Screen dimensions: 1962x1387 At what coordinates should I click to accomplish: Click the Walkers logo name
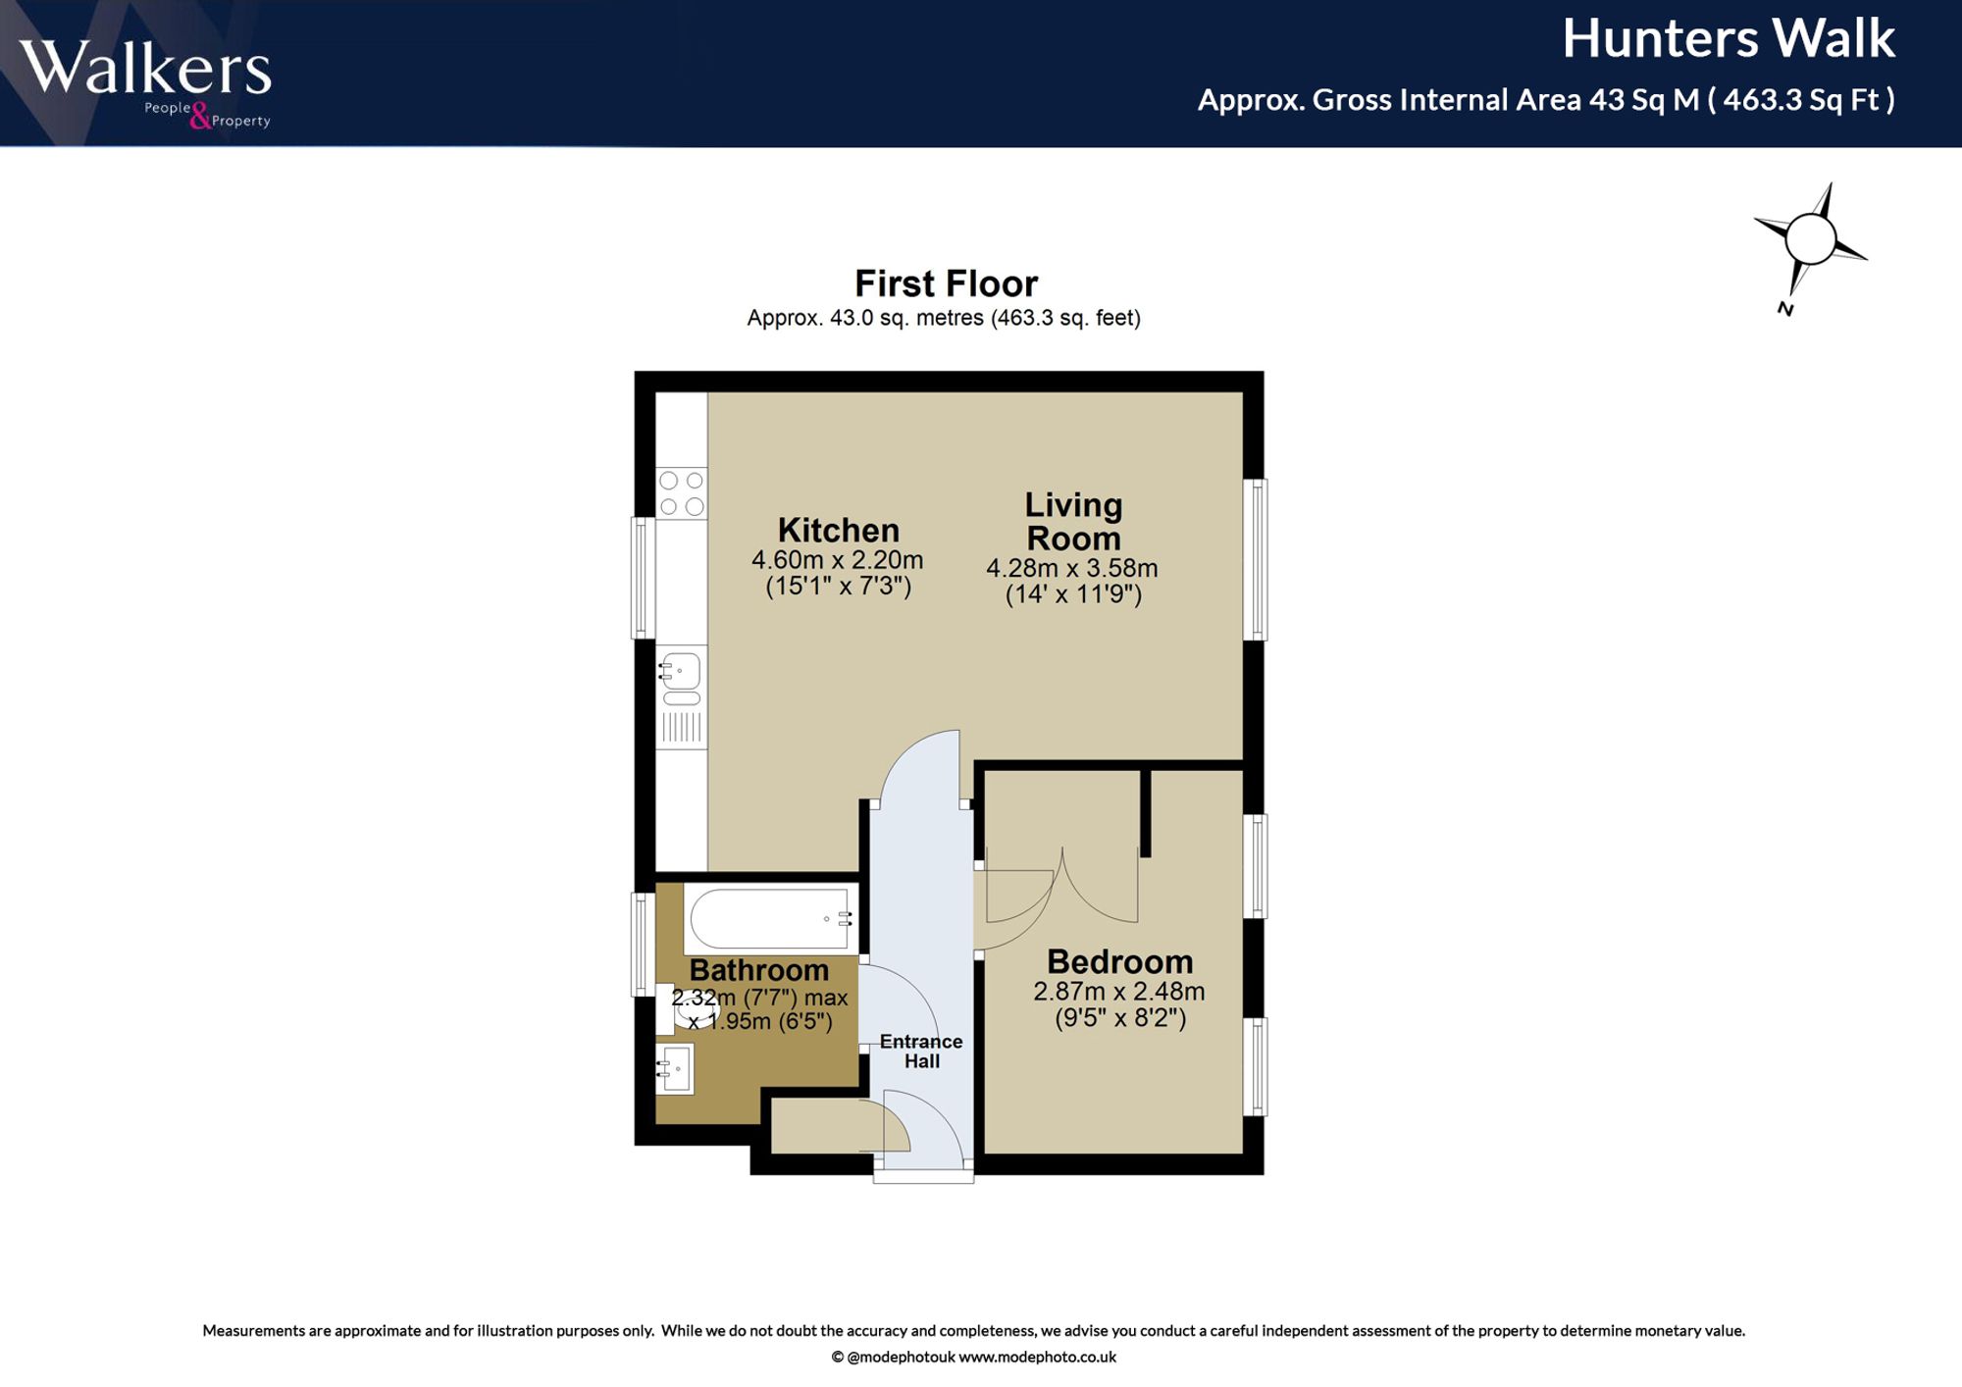(x=144, y=68)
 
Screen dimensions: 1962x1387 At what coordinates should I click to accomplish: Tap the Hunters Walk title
(x=1729, y=38)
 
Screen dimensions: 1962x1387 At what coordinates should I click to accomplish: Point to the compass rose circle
(x=1810, y=239)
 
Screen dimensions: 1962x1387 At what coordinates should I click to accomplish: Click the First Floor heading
(x=946, y=283)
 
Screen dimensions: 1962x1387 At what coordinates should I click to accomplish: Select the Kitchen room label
(x=839, y=530)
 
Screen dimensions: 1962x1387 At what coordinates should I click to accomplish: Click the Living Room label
(x=1073, y=521)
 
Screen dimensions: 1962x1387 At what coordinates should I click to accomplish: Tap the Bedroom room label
(x=1120, y=961)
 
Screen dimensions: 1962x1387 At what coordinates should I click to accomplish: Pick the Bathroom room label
(x=759, y=970)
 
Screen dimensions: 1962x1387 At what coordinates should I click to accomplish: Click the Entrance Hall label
(x=921, y=1051)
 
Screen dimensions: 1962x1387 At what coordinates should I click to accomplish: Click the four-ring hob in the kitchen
(x=682, y=493)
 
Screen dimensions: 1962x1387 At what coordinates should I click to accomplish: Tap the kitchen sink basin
(x=682, y=672)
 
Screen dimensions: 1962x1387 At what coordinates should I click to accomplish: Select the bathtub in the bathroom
(x=771, y=919)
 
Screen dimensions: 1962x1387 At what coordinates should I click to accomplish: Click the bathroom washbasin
(x=675, y=1068)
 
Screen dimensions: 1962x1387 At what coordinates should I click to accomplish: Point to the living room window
(x=1255, y=559)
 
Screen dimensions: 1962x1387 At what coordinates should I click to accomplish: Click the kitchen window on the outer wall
(x=643, y=578)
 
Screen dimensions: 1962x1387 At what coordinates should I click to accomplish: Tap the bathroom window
(x=643, y=944)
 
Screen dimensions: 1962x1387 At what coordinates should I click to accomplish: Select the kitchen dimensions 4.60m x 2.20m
(x=838, y=560)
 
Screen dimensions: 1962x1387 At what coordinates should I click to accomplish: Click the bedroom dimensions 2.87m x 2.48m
(x=1119, y=992)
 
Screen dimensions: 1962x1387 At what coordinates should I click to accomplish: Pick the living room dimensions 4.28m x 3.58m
(x=1072, y=568)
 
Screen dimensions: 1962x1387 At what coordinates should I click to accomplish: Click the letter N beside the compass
(x=1785, y=309)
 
